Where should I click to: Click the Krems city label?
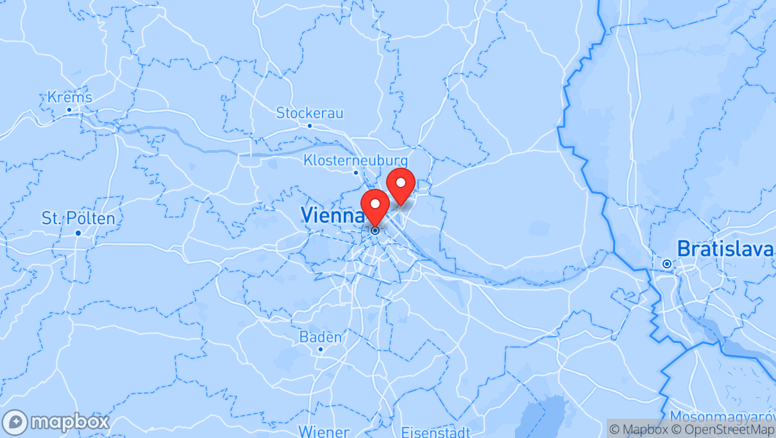coord(69,98)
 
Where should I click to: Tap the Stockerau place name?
coord(309,113)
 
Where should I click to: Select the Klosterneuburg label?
coord(355,160)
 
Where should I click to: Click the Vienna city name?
coord(332,215)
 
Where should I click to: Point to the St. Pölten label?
coord(78,218)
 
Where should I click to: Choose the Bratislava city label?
coord(725,249)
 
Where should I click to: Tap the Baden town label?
coord(321,337)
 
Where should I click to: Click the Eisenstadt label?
coord(435,432)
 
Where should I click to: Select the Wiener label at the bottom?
coord(324,432)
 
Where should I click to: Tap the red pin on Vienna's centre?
coord(375,207)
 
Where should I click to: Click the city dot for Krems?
coord(69,110)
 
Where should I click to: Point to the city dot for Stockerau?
coord(310,126)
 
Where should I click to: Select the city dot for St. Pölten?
coord(78,232)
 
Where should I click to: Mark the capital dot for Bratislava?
coord(667,264)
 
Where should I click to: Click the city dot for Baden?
coord(321,349)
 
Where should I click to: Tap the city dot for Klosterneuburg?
coord(356,172)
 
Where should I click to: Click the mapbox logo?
coord(56,422)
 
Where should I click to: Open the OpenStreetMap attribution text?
coord(713,429)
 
